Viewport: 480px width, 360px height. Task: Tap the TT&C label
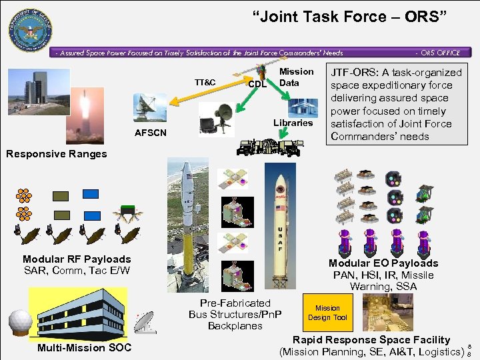pyautogui.click(x=205, y=82)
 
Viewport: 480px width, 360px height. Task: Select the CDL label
pyautogui.click(x=257, y=84)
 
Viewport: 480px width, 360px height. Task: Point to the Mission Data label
pyautogui.click(x=296, y=77)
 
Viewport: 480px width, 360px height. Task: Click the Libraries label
pyautogui.click(x=293, y=123)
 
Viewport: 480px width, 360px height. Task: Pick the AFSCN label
pyautogui.click(x=151, y=133)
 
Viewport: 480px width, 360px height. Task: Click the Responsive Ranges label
pyautogui.click(x=56, y=154)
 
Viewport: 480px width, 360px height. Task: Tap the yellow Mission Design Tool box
pyautogui.click(x=327, y=313)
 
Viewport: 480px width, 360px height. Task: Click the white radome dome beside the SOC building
pyautogui.click(x=20, y=323)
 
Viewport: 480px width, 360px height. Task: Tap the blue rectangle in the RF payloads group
pyautogui.click(x=91, y=194)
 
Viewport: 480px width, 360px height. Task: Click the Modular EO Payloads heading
pyautogui.click(x=383, y=263)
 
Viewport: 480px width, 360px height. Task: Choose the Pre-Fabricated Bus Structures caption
pyautogui.click(x=235, y=314)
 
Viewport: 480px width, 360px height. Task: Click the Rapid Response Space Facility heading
pyautogui.click(x=371, y=340)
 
